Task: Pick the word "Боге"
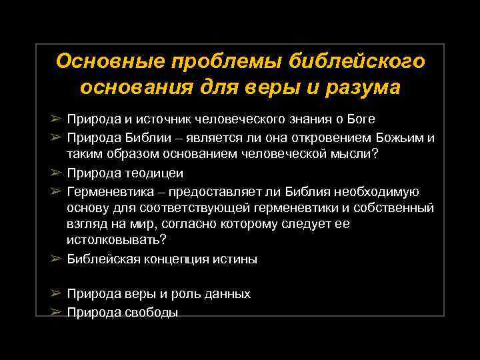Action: pos(361,119)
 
